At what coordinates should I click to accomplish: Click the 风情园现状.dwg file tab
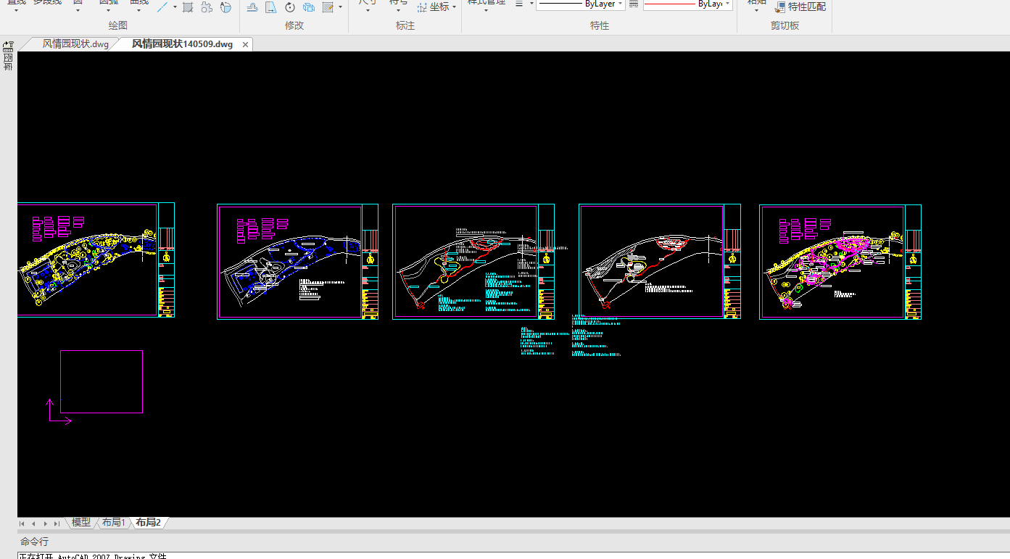pos(75,44)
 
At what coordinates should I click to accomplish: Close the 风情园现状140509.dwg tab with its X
pos(245,45)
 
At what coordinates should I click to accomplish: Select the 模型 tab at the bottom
pos(81,522)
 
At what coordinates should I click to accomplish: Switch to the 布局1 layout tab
pos(113,522)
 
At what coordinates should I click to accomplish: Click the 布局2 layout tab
pos(148,522)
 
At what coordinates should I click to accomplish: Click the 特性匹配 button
pos(800,7)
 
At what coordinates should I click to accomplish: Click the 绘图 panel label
pos(118,25)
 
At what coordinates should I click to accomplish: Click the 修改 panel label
pos(294,25)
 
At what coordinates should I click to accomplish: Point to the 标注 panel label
pos(405,25)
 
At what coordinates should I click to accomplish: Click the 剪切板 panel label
pos(785,25)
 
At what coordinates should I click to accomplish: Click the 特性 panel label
pos(600,25)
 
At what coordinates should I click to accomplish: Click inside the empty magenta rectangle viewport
pos(101,381)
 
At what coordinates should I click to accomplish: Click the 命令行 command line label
pos(34,542)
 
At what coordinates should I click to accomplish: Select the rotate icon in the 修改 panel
pos(290,7)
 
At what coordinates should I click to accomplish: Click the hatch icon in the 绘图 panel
pos(188,7)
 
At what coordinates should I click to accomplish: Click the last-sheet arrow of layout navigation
pos(57,523)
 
